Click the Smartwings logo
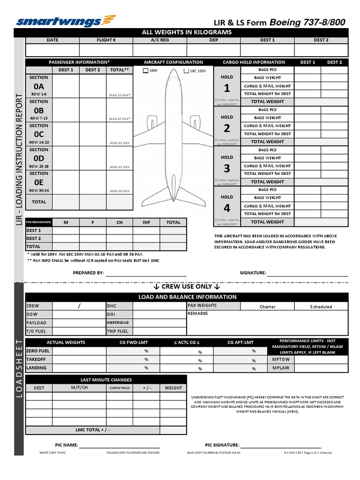click(x=66, y=21)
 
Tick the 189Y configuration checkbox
click(x=145, y=71)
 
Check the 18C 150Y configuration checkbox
click(x=186, y=71)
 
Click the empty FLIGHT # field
click(x=106, y=50)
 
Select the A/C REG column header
click(x=159, y=40)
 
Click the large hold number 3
click(x=227, y=168)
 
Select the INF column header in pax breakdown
click(x=146, y=223)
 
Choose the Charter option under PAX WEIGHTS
click(x=267, y=307)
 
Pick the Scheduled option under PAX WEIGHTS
click(x=321, y=307)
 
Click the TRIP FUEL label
click(x=117, y=331)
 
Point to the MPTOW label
click(x=281, y=360)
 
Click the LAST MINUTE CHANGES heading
click(x=106, y=380)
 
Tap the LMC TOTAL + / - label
click(x=93, y=430)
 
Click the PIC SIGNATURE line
click(x=281, y=445)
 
